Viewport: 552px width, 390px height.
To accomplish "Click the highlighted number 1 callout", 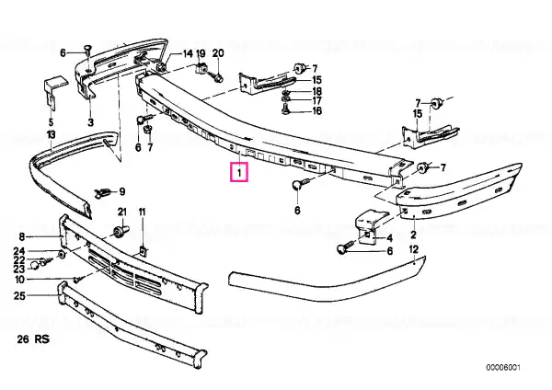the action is point(239,173).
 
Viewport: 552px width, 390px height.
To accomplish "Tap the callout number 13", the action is point(51,134).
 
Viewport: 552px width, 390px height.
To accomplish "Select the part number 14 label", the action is point(188,53).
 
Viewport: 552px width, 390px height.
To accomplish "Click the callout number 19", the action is point(201,53).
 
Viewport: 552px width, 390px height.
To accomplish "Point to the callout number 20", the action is point(218,53).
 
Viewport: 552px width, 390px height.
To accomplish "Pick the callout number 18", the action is point(316,91).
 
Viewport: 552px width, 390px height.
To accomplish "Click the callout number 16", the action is point(316,111).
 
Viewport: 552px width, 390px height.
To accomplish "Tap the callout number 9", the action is point(122,192).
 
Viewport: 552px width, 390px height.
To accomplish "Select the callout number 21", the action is point(121,212).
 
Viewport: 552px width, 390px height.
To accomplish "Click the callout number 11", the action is point(142,212).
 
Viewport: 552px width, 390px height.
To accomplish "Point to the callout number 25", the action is point(19,295).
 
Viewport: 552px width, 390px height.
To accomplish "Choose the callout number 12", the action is point(414,249).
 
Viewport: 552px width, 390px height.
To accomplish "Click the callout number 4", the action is point(389,238).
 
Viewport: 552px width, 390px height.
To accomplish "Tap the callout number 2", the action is point(413,234).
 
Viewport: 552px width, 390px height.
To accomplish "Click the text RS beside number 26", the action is point(42,339).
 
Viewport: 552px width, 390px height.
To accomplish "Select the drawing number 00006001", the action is point(503,368).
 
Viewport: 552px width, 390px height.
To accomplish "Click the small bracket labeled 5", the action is point(53,92).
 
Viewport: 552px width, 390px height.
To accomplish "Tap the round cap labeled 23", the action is point(34,266).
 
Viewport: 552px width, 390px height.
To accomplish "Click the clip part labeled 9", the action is point(103,193).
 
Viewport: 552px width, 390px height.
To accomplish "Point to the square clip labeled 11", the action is point(144,251).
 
